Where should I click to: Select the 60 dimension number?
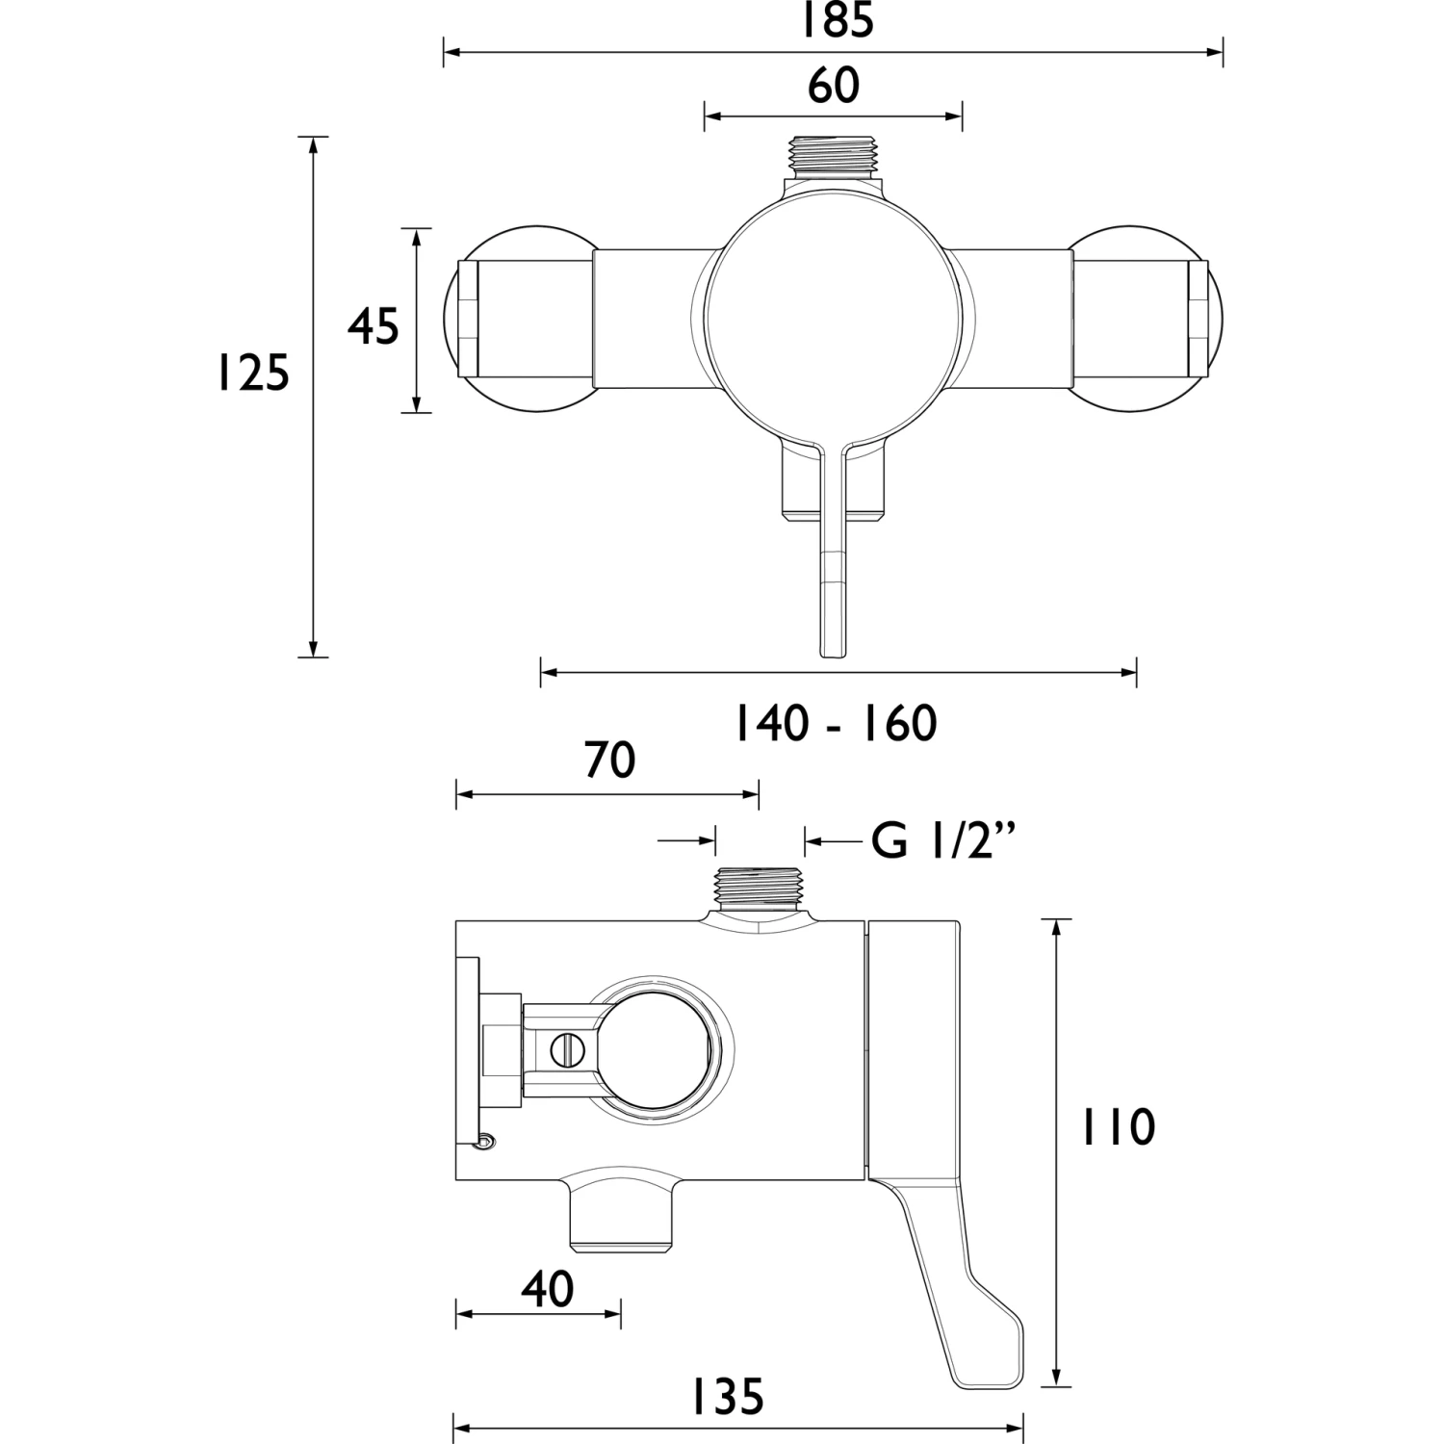click(x=834, y=86)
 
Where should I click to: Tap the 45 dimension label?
click(x=374, y=326)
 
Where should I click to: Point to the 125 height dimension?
click(x=251, y=373)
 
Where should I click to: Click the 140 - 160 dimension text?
click(x=836, y=724)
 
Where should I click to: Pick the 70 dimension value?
click(x=610, y=760)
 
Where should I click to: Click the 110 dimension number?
click(x=1118, y=1127)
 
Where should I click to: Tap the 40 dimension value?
click(x=548, y=1289)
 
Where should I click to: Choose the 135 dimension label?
click(x=728, y=1397)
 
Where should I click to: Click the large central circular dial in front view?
click(x=834, y=314)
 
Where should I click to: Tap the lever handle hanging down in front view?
click(x=833, y=578)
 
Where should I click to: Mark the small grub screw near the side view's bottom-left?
click(x=487, y=1142)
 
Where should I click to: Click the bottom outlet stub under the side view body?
click(x=621, y=1223)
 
